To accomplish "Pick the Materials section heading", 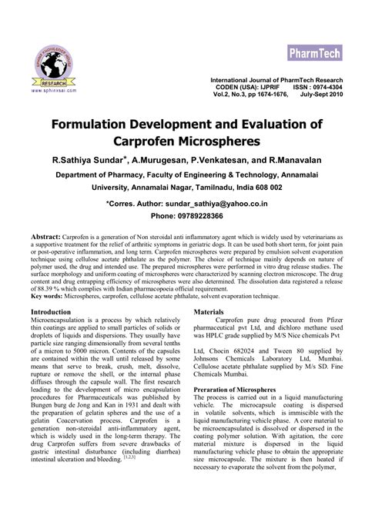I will pos(209,312).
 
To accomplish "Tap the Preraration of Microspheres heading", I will pos(239,390).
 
